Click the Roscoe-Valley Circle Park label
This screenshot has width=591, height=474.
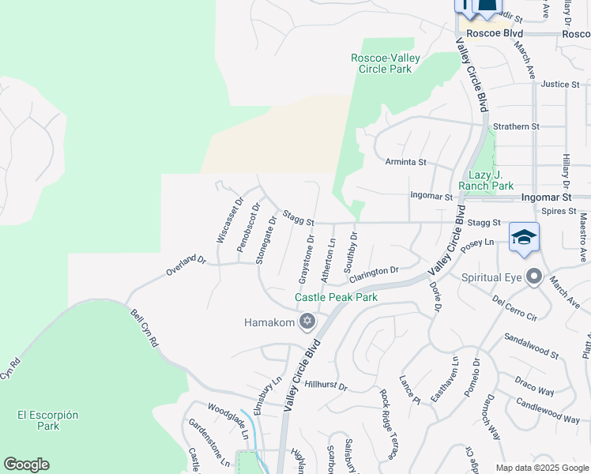click(382, 63)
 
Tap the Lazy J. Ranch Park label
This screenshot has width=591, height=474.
click(491, 180)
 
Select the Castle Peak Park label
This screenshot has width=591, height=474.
click(336, 297)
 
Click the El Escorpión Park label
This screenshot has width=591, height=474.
click(37, 419)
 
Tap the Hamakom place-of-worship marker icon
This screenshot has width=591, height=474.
click(307, 322)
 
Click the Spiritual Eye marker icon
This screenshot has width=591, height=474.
click(534, 277)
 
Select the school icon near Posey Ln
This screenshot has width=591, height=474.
click(525, 237)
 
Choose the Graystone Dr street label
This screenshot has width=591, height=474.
click(306, 260)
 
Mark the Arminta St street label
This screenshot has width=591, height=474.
click(406, 162)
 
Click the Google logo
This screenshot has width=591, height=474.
click(26, 465)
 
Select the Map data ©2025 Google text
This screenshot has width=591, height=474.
click(541, 468)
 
